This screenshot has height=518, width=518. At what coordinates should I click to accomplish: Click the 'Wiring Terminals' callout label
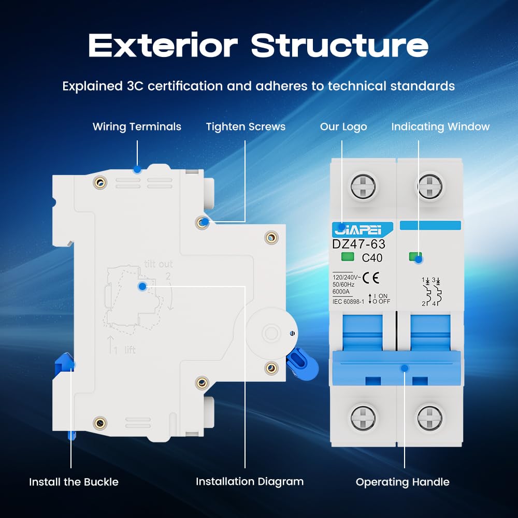(x=137, y=126)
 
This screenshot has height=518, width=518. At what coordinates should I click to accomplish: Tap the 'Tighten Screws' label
(x=246, y=126)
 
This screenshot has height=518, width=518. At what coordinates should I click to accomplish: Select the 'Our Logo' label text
(x=343, y=126)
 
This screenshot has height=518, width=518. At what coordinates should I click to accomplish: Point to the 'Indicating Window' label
(x=440, y=126)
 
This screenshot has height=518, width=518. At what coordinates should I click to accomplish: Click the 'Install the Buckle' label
(x=74, y=482)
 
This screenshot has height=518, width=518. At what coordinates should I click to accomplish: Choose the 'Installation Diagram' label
(x=250, y=482)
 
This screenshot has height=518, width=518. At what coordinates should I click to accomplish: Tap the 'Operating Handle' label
(x=402, y=482)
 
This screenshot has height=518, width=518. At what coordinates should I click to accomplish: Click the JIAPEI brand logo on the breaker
(x=355, y=229)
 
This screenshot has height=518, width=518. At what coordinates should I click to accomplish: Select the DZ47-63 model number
(x=358, y=244)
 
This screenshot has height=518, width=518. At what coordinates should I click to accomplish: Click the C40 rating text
(x=372, y=257)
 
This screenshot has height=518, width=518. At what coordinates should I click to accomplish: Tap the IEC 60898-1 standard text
(x=348, y=301)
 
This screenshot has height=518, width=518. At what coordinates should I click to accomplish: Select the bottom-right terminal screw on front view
(x=429, y=418)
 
